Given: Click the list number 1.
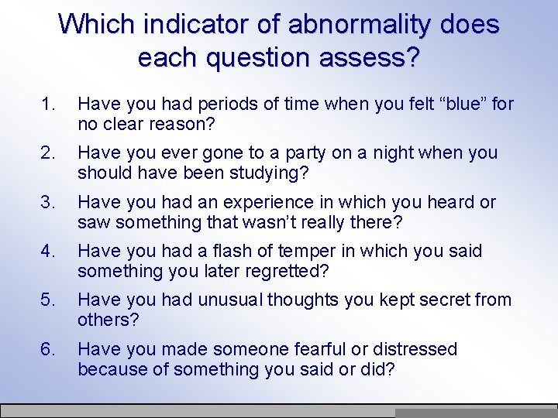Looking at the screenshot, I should (49, 104).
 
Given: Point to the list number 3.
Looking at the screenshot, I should (49, 202).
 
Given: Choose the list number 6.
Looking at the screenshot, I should (49, 349).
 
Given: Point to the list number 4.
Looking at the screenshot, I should (49, 251).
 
